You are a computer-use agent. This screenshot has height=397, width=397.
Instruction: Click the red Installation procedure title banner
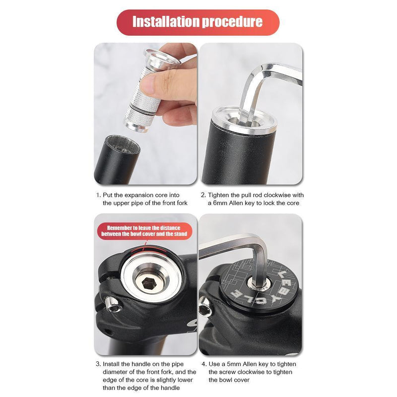[x=198, y=22]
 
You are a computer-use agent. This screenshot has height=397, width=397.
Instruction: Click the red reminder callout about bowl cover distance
[x=145, y=230]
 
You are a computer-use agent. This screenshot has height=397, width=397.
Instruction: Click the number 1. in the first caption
[x=98, y=195]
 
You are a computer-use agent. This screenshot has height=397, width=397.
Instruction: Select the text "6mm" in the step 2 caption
[x=219, y=203]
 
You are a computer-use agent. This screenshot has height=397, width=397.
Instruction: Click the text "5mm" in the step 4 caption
[x=233, y=364]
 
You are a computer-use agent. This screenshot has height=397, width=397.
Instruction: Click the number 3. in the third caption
[x=98, y=364]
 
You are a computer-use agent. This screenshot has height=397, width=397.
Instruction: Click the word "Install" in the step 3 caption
[x=112, y=364]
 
